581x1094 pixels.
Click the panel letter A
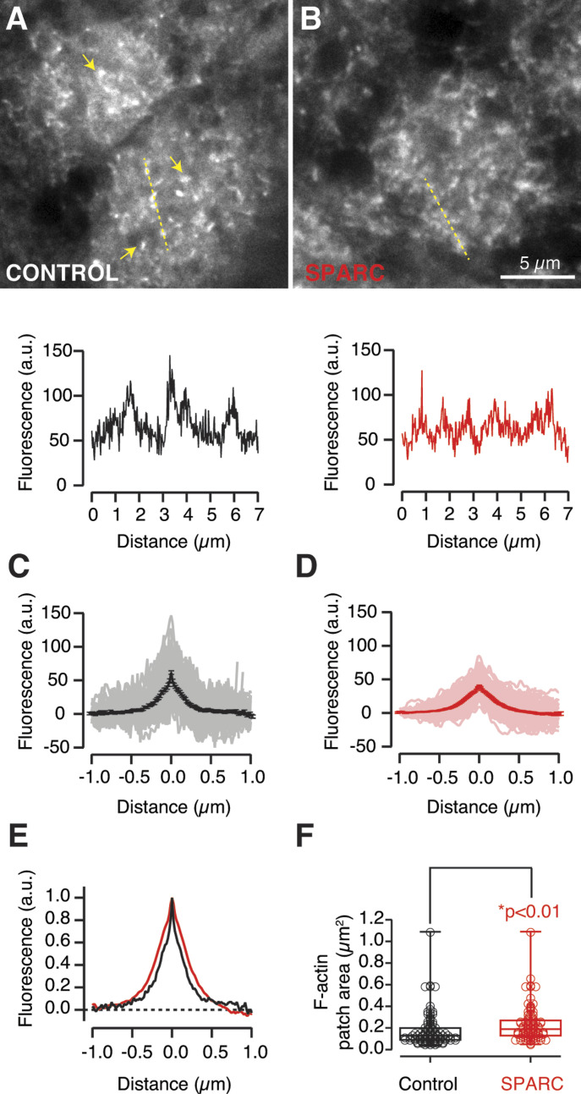tap(16, 18)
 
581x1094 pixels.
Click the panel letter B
tap(307, 18)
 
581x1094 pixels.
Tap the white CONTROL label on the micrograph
tap(61, 273)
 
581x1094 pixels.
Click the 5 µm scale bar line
tap(536, 277)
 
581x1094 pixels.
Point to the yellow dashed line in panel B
tap(447, 219)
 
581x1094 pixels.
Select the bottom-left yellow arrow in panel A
tap(128, 251)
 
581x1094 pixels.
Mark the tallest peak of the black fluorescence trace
tap(170, 356)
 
